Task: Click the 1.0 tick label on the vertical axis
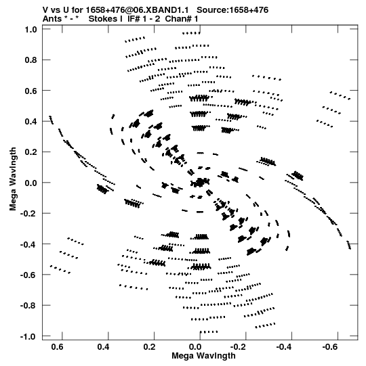click(x=31, y=30)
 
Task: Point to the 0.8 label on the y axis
click(x=31, y=60)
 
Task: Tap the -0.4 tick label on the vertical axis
click(x=28, y=244)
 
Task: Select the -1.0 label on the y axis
click(x=28, y=337)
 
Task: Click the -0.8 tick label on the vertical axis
click(x=28, y=306)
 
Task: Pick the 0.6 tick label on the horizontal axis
click(x=58, y=347)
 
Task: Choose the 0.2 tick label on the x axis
click(x=149, y=347)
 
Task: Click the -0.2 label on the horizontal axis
click(x=238, y=347)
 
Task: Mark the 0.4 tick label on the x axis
click(x=104, y=347)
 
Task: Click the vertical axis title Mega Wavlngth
click(x=13, y=179)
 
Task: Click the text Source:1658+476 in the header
click(x=232, y=10)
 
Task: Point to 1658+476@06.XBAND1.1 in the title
click(x=137, y=10)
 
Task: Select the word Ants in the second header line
click(x=52, y=19)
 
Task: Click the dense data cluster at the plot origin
click(x=200, y=182)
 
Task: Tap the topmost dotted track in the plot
click(x=191, y=33)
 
